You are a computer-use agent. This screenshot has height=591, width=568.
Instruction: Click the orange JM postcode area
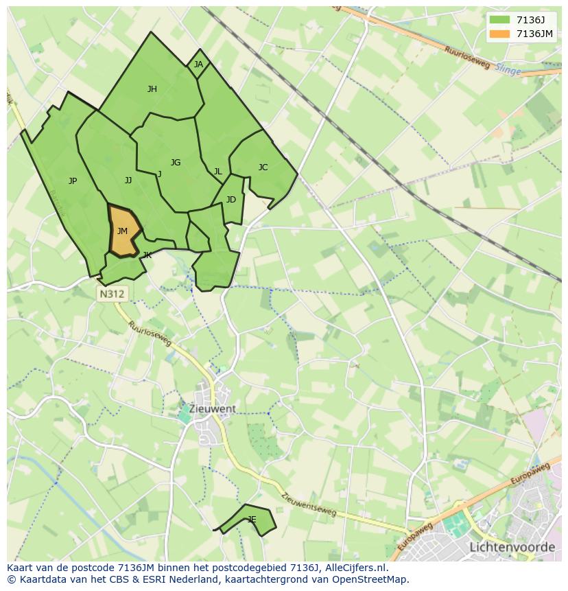click(x=123, y=232)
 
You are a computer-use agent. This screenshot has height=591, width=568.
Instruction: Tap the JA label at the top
click(x=198, y=65)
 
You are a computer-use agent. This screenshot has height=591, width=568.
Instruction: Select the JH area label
click(x=152, y=89)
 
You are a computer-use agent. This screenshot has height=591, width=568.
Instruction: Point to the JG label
click(x=176, y=163)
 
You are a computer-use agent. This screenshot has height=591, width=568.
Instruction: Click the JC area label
click(x=263, y=167)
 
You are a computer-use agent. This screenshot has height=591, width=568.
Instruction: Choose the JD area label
click(x=231, y=200)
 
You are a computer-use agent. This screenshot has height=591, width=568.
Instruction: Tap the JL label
click(x=217, y=172)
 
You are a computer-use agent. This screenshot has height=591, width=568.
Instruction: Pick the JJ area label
click(x=128, y=181)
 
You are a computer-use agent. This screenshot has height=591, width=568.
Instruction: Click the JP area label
click(x=73, y=181)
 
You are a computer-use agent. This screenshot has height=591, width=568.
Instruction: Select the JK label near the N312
click(x=147, y=255)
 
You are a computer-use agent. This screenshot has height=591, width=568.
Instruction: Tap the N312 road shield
click(x=113, y=294)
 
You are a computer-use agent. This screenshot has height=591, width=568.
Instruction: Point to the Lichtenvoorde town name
click(x=512, y=547)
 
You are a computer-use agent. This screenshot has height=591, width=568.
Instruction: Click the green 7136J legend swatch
click(x=500, y=19)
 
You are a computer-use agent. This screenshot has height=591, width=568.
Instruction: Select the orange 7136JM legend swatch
click(x=500, y=34)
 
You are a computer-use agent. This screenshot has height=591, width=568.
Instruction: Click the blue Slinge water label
click(x=507, y=70)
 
